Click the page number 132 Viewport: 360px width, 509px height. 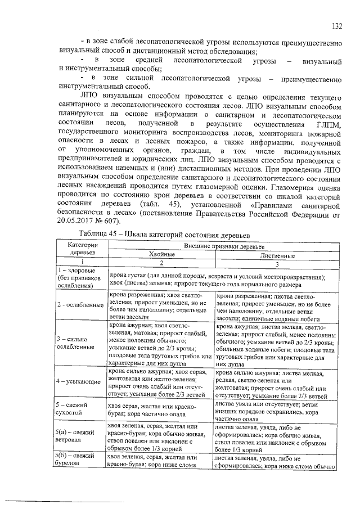(337, 26)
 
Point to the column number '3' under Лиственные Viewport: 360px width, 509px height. (277, 263)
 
